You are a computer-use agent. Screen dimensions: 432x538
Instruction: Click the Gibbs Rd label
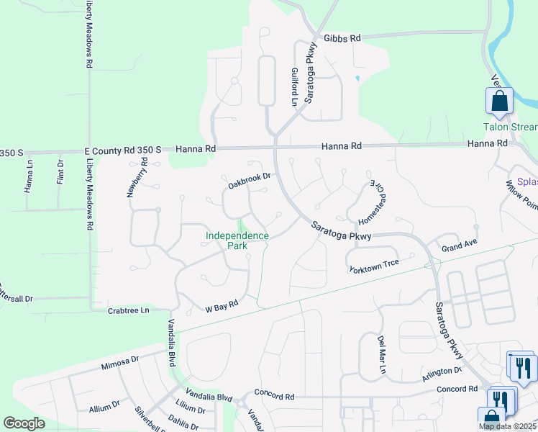[x=342, y=38]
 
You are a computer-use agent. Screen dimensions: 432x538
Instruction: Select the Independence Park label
[x=237, y=240]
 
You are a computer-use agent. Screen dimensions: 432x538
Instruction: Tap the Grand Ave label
[x=459, y=248]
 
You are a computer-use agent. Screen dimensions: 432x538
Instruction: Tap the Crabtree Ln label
[x=129, y=310]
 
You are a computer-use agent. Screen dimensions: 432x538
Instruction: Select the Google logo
[x=24, y=423]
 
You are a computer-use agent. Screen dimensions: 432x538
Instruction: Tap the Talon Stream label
[x=510, y=127]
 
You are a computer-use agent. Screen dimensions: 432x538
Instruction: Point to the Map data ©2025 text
[x=507, y=426]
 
